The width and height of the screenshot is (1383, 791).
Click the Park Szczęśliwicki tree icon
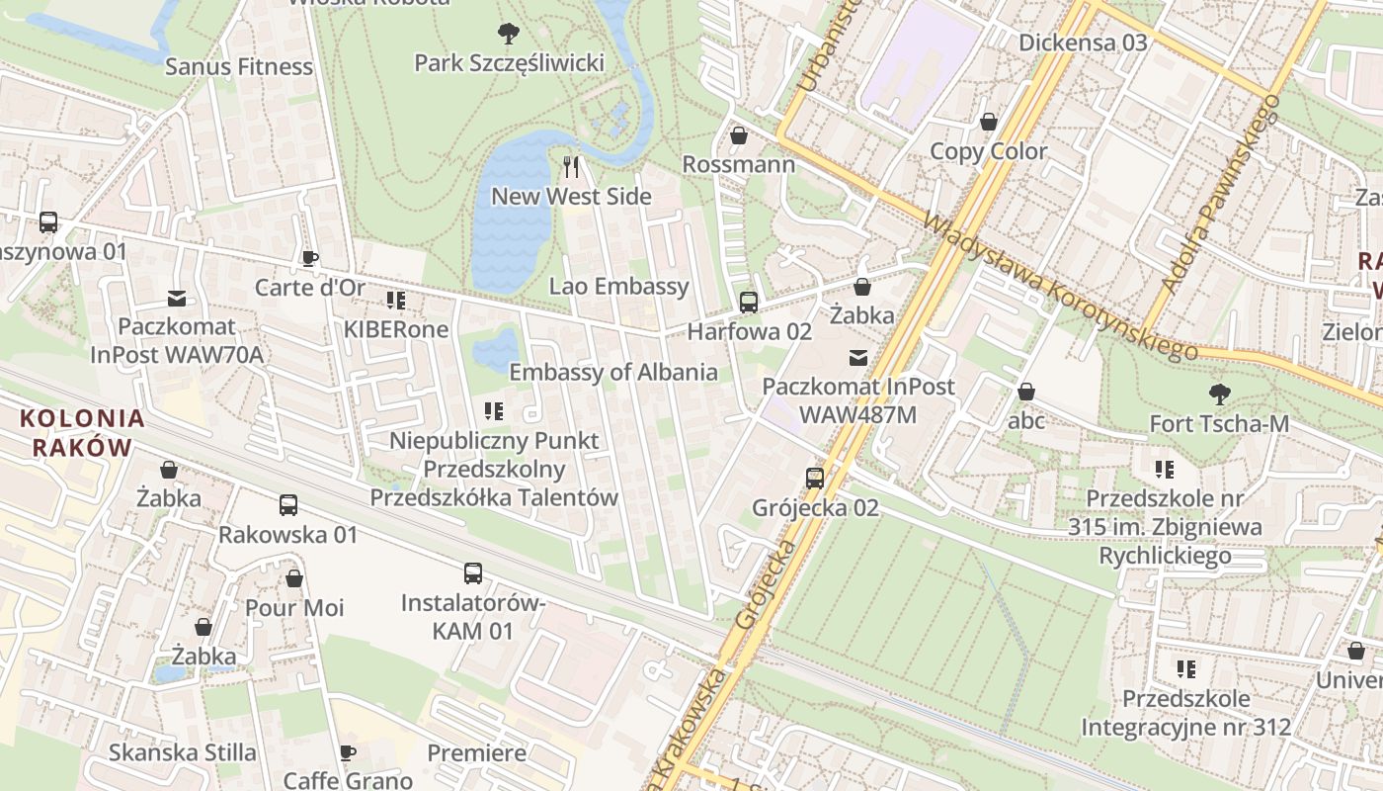509,34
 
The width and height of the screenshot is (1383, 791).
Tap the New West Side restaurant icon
570,166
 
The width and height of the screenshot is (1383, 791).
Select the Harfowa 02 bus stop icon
749,303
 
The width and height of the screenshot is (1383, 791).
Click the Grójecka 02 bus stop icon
815,479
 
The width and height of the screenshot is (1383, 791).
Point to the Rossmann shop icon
738,135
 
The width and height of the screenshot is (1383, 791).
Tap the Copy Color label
989,151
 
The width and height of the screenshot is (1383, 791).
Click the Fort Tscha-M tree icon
1220,395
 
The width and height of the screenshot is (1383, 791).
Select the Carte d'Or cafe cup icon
310,259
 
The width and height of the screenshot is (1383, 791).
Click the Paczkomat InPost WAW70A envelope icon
177,298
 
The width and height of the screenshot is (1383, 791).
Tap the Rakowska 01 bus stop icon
288,505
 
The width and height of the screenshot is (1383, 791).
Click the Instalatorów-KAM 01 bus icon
473,572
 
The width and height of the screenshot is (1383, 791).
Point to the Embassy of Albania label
612,372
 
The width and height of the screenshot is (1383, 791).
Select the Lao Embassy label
618,287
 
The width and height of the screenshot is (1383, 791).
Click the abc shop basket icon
1026,392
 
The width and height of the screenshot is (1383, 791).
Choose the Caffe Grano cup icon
348,753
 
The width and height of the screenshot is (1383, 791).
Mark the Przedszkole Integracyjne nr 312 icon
1186,669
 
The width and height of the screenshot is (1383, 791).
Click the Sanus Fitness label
239,66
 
